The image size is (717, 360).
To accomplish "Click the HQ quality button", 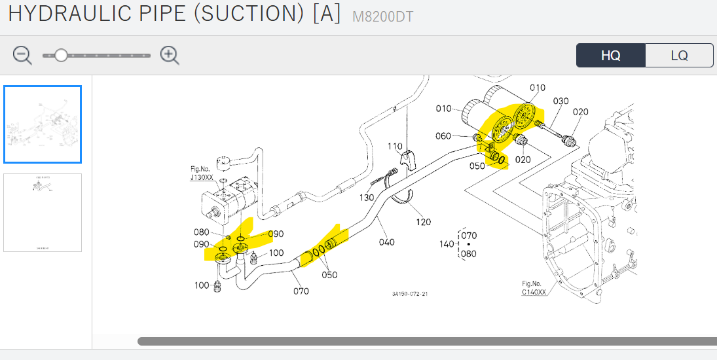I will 610,56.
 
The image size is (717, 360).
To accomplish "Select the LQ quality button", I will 679,56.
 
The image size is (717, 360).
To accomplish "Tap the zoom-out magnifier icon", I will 22,56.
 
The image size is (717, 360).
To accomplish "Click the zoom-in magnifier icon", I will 170,56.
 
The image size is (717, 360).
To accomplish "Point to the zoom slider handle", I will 61,56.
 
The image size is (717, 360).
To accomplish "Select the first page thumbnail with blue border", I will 43,124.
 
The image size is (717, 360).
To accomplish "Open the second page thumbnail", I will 43,212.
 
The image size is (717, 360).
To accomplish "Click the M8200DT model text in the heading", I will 383,17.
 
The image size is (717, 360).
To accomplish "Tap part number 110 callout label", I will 395,146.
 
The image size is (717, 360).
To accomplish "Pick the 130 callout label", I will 366,198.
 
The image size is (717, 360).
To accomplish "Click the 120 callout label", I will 424,222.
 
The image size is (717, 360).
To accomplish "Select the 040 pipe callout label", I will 387,242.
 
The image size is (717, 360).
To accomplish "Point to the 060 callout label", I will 443,136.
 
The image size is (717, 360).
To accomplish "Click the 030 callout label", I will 561,101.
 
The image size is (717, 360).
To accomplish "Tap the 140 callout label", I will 447,244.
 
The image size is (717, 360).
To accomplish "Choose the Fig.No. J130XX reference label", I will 202,173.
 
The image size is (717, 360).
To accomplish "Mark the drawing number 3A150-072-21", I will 410,294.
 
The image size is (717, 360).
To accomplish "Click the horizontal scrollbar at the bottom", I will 426,341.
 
